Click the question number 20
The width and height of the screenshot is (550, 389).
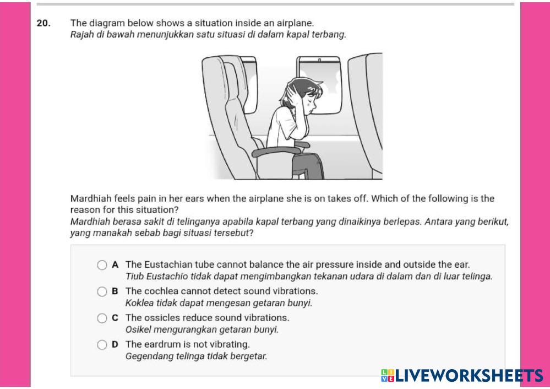tap(43, 23)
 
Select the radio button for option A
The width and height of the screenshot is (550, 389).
tap(102, 265)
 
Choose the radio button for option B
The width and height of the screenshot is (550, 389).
tap(102, 292)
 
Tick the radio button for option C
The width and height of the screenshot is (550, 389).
tap(102, 318)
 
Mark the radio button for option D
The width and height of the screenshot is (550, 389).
tap(102, 345)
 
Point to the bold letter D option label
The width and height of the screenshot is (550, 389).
tap(115, 344)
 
